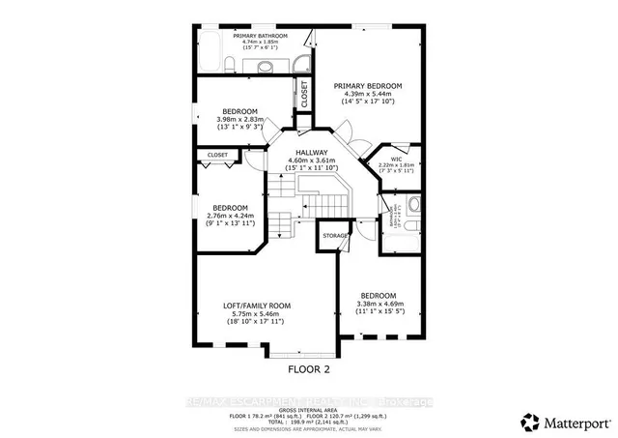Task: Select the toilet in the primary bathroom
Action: (x=232, y=65)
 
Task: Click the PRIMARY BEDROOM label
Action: (x=368, y=86)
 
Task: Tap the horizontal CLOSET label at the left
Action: (x=217, y=155)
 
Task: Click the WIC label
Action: (x=395, y=159)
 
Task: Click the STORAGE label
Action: (x=335, y=235)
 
